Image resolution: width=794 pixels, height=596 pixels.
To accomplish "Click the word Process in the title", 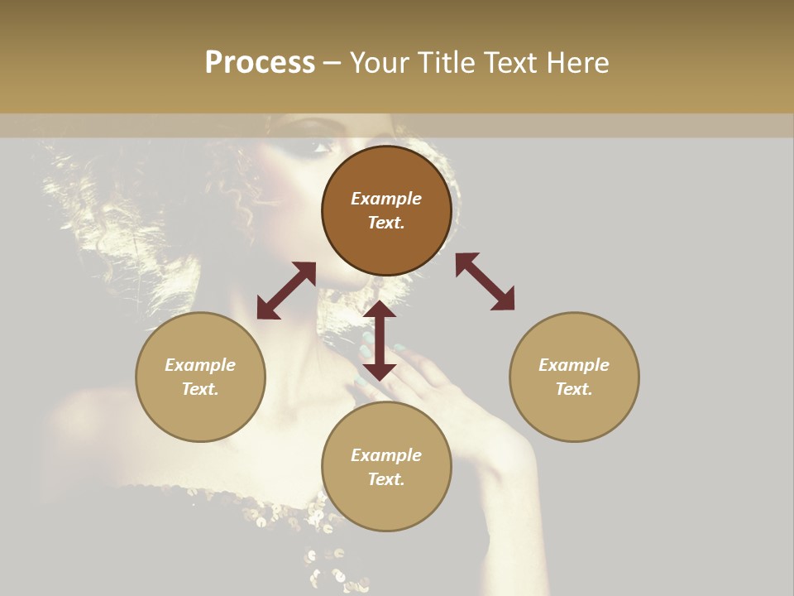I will (x=260, y=63).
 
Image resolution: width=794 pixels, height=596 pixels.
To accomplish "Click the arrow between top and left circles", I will (x=286, y=291).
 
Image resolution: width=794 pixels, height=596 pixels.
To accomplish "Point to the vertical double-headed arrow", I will (x=380, y=340).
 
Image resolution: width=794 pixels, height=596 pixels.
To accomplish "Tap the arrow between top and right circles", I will (x=485, y=281).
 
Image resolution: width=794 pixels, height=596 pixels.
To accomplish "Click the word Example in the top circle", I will (x=386, y=199).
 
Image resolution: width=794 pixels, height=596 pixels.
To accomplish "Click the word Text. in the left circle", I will (x=200, y=389).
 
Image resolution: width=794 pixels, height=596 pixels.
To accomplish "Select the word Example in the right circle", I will (x=574, y=365).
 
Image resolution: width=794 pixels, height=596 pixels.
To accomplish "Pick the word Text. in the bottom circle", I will (x=386, y=479).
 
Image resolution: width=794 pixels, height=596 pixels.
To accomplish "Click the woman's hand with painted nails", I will (x=422, y=372).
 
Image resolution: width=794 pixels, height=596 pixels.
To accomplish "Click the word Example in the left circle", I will (x=200, y=365).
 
